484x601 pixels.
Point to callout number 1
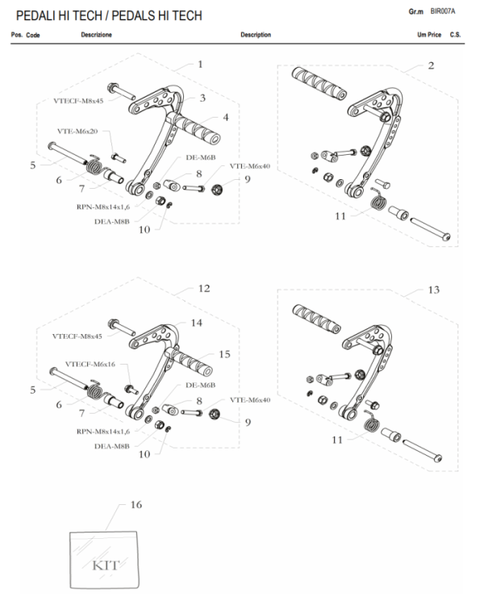[x=200, y=64]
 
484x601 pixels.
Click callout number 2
[x=431, y=65]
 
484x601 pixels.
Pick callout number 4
[x=226, y=118]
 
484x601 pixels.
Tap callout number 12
[x=203, y=288]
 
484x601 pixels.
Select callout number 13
[x=434, y=289]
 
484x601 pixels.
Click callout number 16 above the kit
[x=136, y=504]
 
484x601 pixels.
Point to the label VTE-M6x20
[x=77, y=131]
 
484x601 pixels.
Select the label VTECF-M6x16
[x=90, y=364]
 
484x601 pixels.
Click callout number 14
[x=196, y=322]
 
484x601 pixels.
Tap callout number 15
[x=225, y=353]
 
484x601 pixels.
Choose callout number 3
[x=202, y=98]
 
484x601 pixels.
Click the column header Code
[x=33, y=35]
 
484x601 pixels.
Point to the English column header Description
[x=256, y=35]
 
